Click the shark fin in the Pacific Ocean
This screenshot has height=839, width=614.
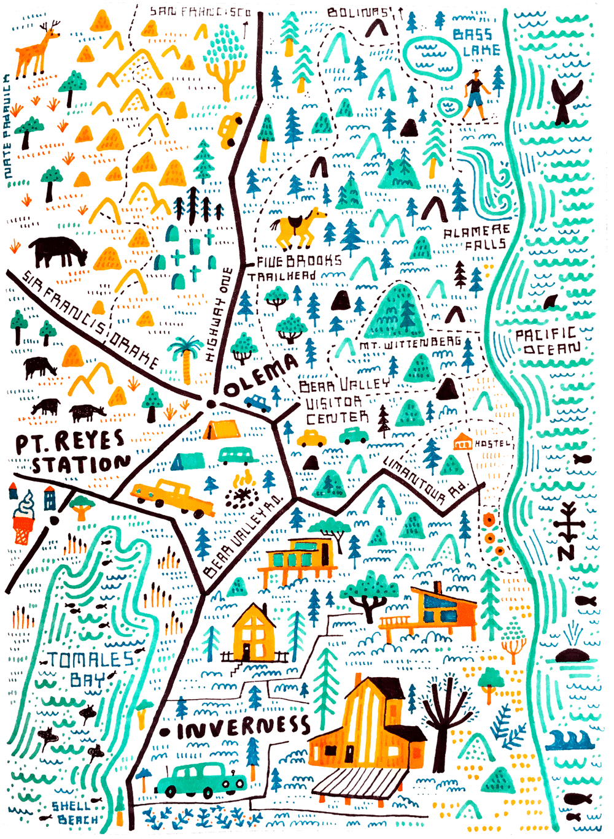(x=553, y=302)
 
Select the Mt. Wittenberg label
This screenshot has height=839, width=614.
(x=410, y=344)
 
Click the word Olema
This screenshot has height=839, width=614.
(x=261, y=376)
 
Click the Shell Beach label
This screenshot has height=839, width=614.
(x=75, y=813)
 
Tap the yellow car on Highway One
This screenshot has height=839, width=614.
(x=231, y=129)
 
